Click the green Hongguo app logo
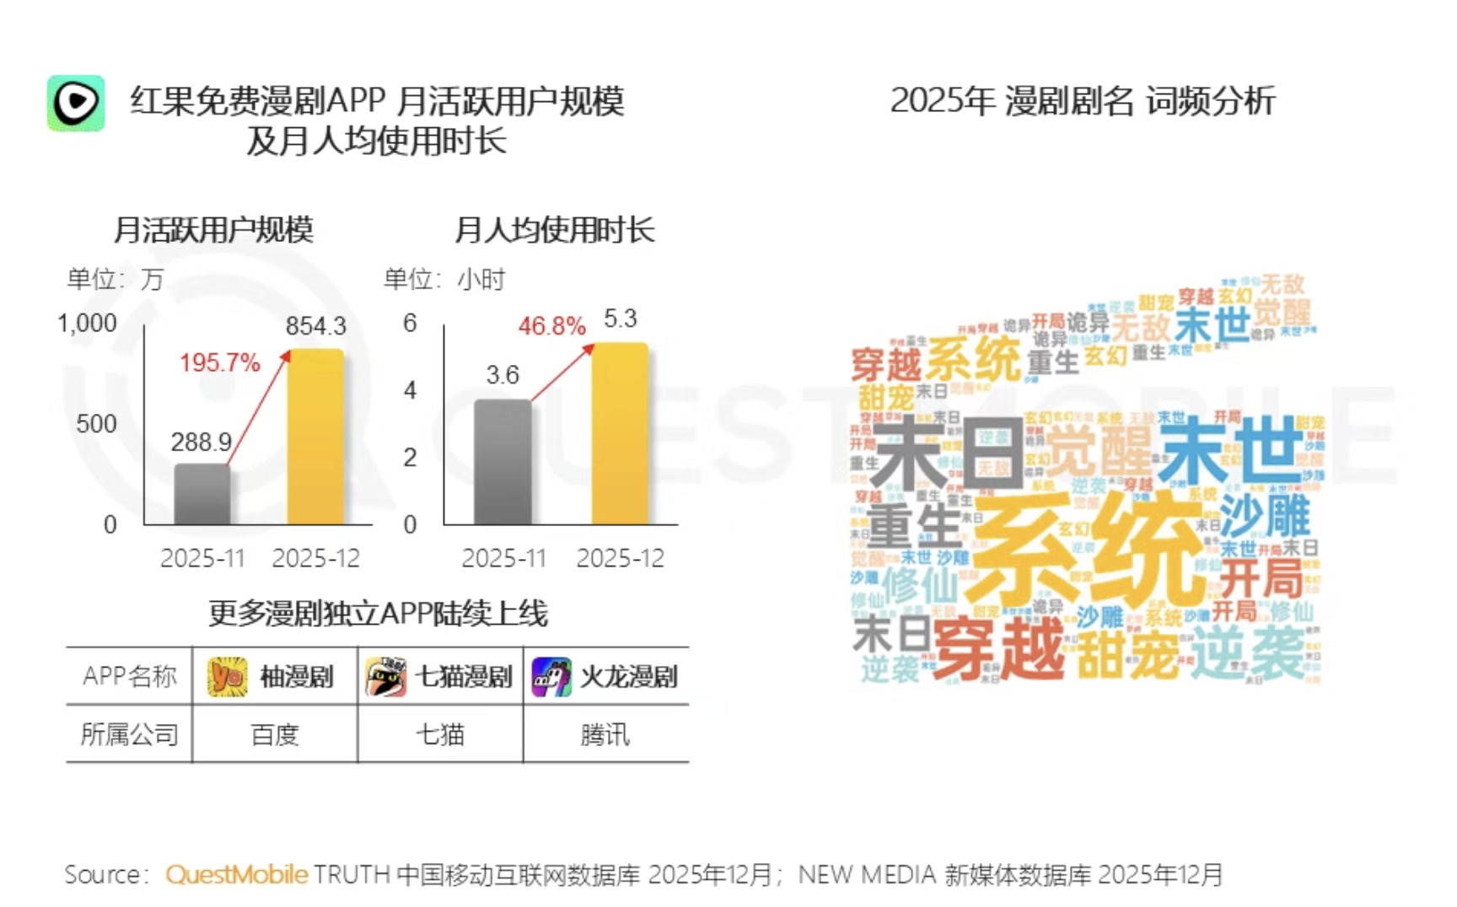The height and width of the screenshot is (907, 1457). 76,103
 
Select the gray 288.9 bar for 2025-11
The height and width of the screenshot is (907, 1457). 202,495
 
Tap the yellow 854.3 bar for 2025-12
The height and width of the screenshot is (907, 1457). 315,437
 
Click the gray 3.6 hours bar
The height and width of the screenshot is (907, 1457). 503,462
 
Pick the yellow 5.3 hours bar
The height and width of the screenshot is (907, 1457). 620,433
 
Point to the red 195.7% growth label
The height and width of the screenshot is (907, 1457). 219,363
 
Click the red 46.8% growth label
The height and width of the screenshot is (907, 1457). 551,326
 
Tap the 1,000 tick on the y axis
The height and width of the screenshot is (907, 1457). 87,324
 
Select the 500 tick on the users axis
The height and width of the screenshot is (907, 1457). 96,424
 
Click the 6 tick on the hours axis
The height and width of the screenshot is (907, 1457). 410,324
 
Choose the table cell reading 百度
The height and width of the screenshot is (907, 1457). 275,735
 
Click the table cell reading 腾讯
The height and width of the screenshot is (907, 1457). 605,735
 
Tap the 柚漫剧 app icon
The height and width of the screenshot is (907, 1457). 227,677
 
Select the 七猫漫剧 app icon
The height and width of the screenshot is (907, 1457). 385,677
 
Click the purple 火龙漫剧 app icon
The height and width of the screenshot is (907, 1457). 551,677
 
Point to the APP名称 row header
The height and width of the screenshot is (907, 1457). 129,676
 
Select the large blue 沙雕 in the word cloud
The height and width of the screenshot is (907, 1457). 1265,516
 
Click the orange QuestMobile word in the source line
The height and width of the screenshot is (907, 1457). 237,875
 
